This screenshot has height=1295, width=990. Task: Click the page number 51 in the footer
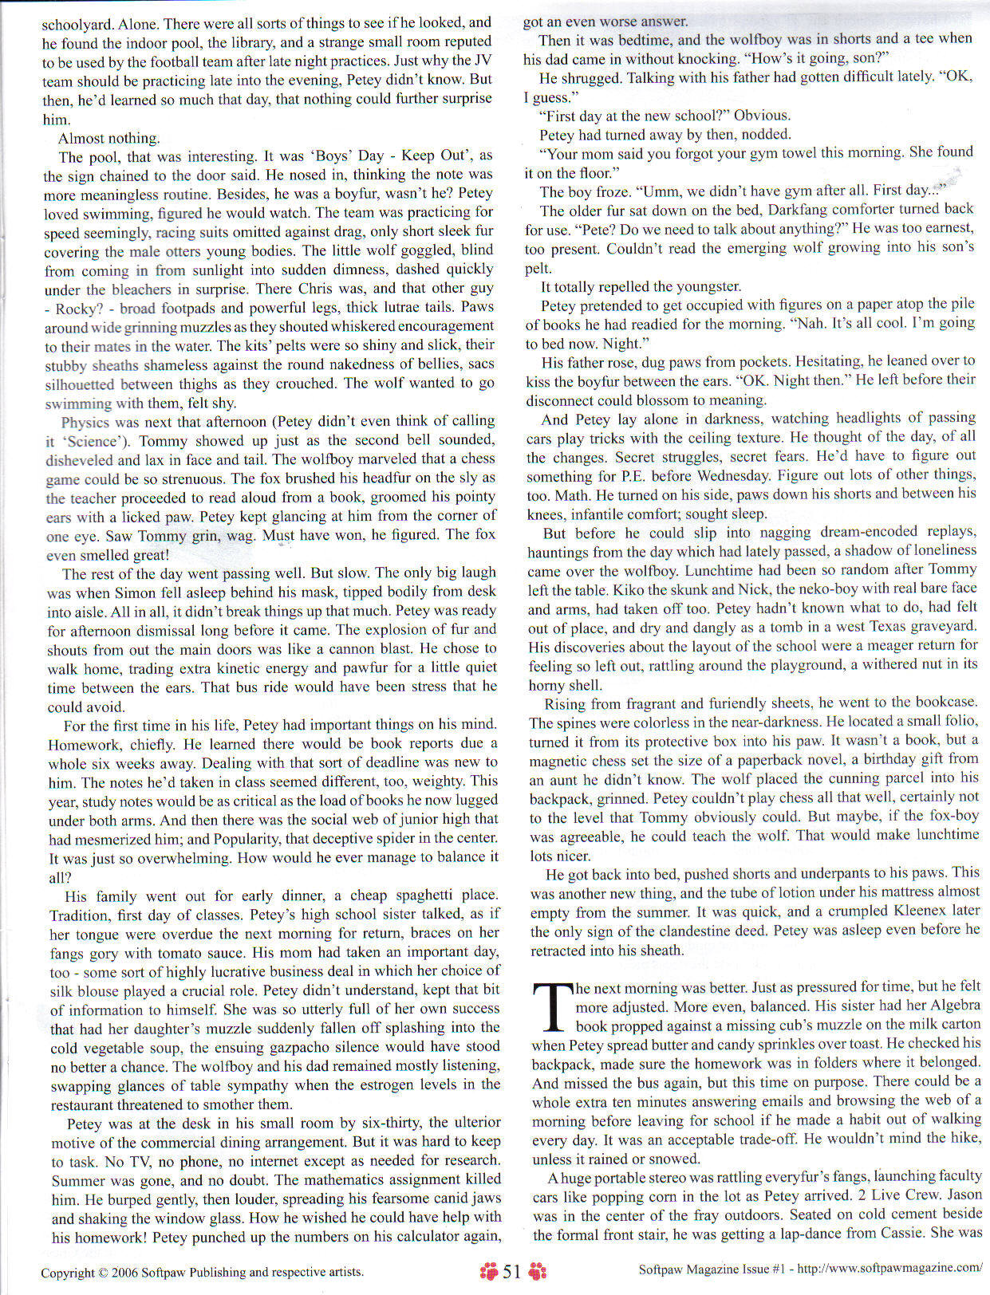[511, 1271]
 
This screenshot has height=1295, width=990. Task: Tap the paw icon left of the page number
[488, 1271]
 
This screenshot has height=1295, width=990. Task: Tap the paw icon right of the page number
[538, 1271]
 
